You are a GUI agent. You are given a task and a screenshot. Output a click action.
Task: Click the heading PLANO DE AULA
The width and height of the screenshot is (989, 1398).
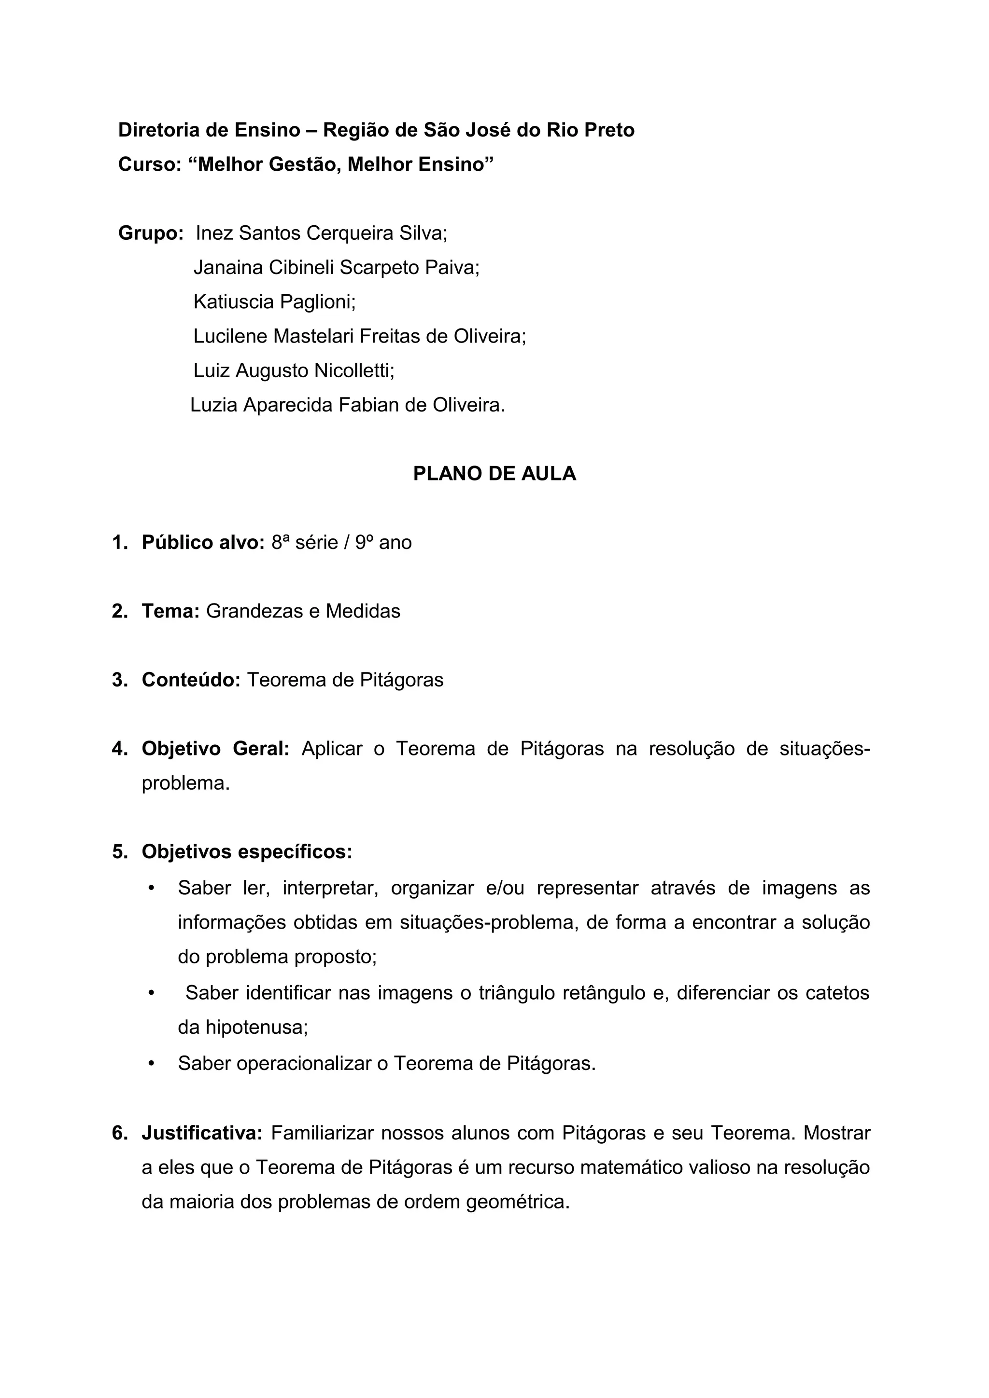[x=494, y=473]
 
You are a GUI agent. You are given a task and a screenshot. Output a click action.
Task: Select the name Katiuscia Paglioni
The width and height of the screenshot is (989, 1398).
[x=274, y=302]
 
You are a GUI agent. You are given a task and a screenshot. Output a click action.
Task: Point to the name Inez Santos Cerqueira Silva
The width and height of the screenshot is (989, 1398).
[x=321, y=233]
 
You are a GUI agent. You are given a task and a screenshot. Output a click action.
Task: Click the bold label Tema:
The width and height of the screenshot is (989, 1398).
[x=170, y=611]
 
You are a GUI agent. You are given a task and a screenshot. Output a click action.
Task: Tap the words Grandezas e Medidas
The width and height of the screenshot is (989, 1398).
[x=303, y=611]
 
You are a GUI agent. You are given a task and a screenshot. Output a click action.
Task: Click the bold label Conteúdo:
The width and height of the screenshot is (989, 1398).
[x=191, y=680]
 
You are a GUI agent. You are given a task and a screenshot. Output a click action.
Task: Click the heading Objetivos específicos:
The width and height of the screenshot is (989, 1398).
[x=247, y=852]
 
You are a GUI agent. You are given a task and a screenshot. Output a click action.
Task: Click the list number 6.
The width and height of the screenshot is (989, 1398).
[x=118, y=1133]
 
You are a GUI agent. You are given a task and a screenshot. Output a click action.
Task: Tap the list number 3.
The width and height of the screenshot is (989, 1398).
[x=118, y=680]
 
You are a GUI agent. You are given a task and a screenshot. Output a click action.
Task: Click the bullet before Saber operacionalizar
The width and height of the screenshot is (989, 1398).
[x=152, y=1063]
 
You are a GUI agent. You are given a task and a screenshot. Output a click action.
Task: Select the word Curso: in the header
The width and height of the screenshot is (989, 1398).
[x=150, y=164]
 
